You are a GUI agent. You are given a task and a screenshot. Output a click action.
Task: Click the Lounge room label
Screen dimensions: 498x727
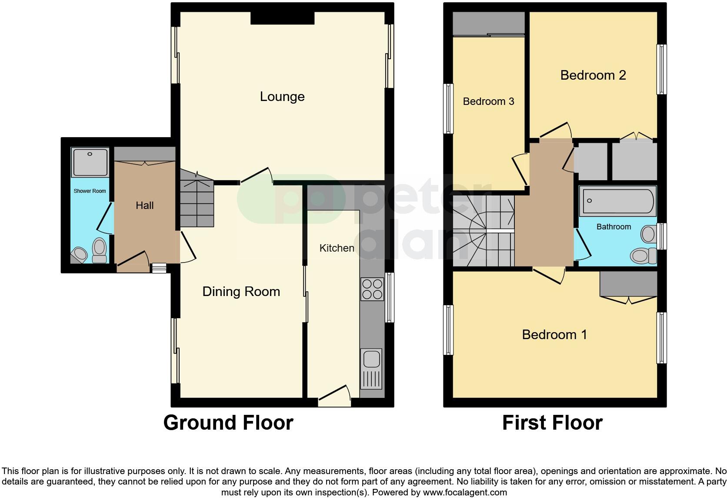click(282, 97)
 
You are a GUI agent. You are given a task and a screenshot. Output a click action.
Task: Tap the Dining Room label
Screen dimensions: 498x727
click(241, 292)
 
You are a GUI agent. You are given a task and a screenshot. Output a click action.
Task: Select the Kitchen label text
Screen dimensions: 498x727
click(337, 248)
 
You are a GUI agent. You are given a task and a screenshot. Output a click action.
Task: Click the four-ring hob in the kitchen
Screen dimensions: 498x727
click(372, 289)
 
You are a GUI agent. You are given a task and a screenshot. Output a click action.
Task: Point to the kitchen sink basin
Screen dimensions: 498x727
click(371, 360)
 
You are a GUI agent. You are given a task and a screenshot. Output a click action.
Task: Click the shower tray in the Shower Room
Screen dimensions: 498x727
click(90, 162)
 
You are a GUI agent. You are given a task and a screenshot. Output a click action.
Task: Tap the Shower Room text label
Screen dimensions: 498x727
click(90, 191)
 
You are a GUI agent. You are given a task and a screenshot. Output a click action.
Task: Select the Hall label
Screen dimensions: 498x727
click(144, 205)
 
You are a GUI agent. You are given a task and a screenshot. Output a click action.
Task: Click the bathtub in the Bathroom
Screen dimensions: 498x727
click(617, 201)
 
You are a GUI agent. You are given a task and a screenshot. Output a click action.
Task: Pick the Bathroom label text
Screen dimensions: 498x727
click(614, 227)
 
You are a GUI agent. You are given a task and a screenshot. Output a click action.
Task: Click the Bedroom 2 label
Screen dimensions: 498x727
click(593, 75)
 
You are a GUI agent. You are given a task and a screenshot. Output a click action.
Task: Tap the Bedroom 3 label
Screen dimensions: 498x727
click(488, 101)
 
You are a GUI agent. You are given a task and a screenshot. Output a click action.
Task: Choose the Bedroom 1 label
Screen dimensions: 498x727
click(554, 335)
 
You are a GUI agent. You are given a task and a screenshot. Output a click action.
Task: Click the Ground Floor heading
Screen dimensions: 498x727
click(228, 423)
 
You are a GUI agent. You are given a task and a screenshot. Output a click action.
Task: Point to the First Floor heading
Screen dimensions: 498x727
click(552, 423)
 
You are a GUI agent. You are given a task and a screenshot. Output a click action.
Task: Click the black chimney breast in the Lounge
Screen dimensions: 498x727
click(282, 18)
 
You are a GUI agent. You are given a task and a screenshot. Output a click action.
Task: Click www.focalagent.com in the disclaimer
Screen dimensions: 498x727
click(464, 493)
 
